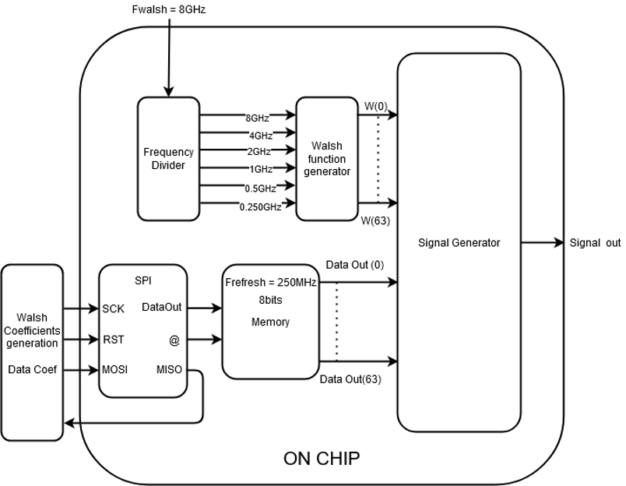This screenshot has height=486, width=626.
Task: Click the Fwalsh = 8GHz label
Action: coord(168,10)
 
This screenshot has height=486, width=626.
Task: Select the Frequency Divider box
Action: coord(169,158)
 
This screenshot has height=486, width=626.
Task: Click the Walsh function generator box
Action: coord(326,158)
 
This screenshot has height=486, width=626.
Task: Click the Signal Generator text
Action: coord(459,243)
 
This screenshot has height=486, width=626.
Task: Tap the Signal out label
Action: coord(595,243)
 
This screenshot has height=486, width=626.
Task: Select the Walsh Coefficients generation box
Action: coord(32,331)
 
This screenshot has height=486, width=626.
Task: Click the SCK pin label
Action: coord(114,308)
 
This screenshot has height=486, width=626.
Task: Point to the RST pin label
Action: coord(114,339)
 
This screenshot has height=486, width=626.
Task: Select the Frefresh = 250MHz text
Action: coord(270,282)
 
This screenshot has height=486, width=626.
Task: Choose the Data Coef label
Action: coord(30,369)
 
